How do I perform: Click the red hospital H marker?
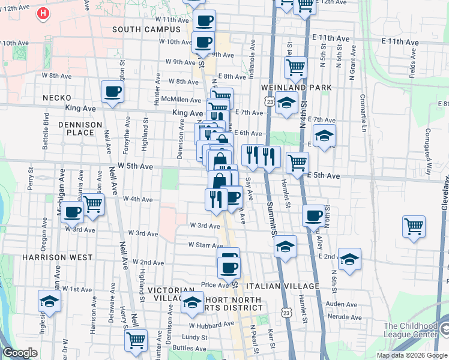(x=44, y=13)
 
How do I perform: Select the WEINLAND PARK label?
(x=297, y=88)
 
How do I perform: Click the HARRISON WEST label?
(x=57, y=257)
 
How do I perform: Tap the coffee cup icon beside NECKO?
(x=112, y=92)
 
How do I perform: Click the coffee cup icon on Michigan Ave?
(x=73, y=212)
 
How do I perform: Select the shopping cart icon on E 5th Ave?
(x=297, y=161)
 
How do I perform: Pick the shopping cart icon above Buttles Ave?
(x=136, y=339)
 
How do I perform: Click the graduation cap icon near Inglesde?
(x=49, y=300)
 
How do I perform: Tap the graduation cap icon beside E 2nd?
(x=349, y=258)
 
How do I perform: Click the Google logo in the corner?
(x=20, y=353)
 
